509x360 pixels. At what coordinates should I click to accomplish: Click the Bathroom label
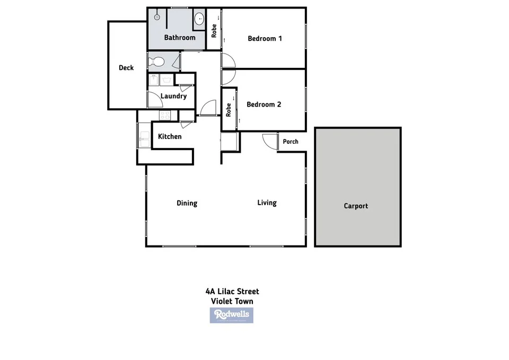pyautogui.click(x=180, y=38)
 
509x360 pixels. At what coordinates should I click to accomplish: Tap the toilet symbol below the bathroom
pyautogui.click(x=157, y=62)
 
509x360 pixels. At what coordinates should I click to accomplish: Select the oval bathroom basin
pyautogui.click(x=199, y=20)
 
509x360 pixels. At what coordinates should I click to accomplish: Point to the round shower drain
pyautogui.click(x=157, y=17)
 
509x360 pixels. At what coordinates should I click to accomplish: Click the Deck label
pyautogui.click(x=126, y=68)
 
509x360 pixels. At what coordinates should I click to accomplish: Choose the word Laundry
pyautogui.click(x=173, y=96)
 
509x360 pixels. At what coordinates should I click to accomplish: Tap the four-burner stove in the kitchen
pyautogui.click(x=165, y=115)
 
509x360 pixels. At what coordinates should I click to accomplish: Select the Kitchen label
pyautogui.click(x=170, y=137)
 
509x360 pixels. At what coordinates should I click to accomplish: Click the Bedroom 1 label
pyautogui.click(x=265, y=38)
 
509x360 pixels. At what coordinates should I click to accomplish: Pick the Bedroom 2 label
pyautogui.click(x=264, y=104)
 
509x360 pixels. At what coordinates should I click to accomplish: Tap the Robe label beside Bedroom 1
pyautogui.click(x=214, y=30)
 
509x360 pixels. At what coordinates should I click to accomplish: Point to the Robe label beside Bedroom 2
pyautogui.click(x=229, y=110)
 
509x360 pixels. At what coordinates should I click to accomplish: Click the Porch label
pyautogui.click(x=291, y=142)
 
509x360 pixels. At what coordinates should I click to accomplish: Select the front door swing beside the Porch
pyautogui.click(x=270, y=142)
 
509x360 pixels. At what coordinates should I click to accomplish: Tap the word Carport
pyautogui.click(x=356, y=206)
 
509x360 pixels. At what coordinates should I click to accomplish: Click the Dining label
pyautogui.click(x=187, y=203)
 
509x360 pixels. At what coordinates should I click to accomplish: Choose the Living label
pyautogui.click(x=267, y=203)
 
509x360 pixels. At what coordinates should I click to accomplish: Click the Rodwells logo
pyautogui.click(x=231, y=315)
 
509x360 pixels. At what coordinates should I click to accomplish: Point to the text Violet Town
pyautogui.click(x=232, y=301)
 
